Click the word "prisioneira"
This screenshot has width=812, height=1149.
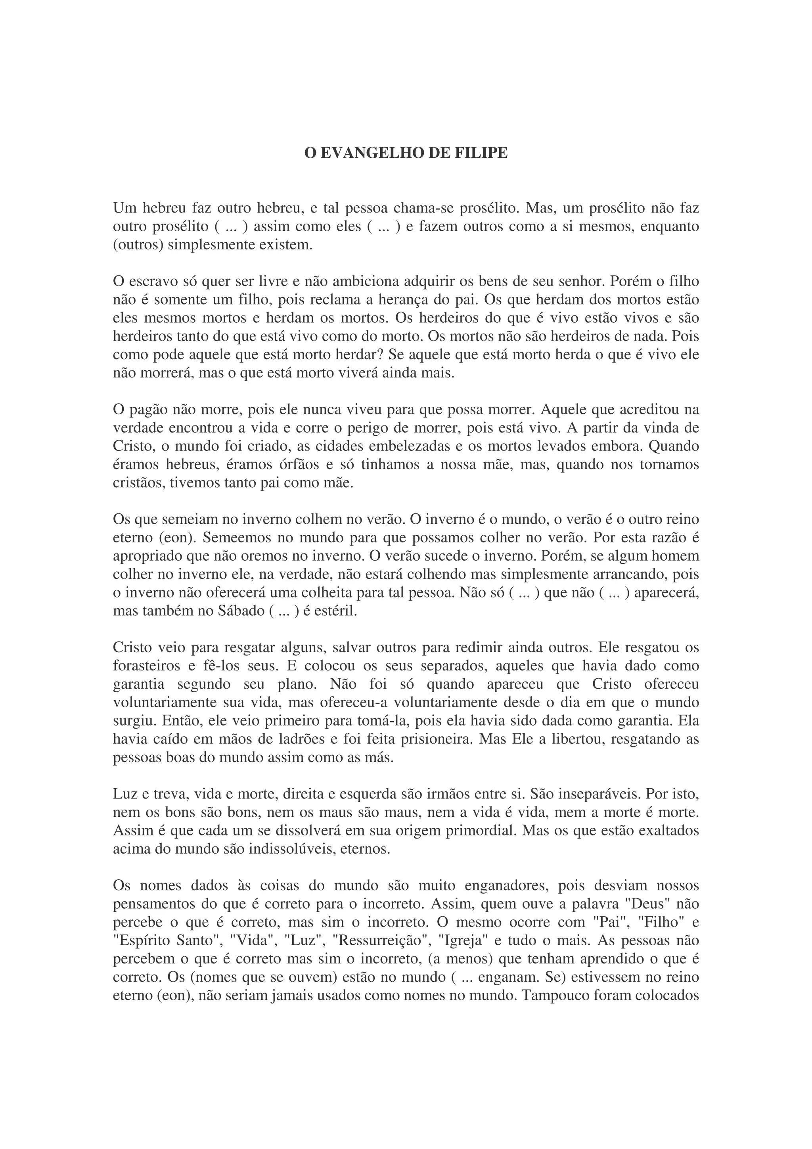pyautogui.click(x=435, y=740)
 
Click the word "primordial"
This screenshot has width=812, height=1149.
pyautogui.click(x=480, y=831)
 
